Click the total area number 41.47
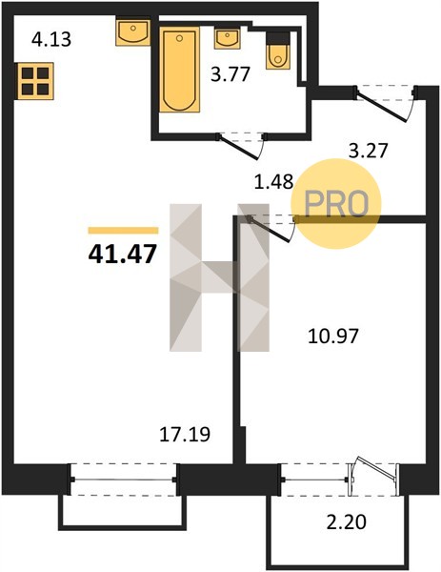[123, 254]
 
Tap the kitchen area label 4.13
[51, 39]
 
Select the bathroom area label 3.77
[231, 74]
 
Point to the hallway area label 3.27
[368, 151]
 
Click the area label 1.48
[273, 182]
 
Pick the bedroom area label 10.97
[333, 336]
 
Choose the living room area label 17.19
[185, 435]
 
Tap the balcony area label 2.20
[347, 522]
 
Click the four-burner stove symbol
[35, 81]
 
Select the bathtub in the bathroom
[180, 70]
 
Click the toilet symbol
[278, 51]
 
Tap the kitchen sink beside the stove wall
[133, 32]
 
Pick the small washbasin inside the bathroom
[227, 38]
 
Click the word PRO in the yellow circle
[336, 204]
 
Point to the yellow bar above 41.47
[123, 230]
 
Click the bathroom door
[241, 145]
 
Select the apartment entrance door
[386, 104]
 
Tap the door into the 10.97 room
[271, 229]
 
